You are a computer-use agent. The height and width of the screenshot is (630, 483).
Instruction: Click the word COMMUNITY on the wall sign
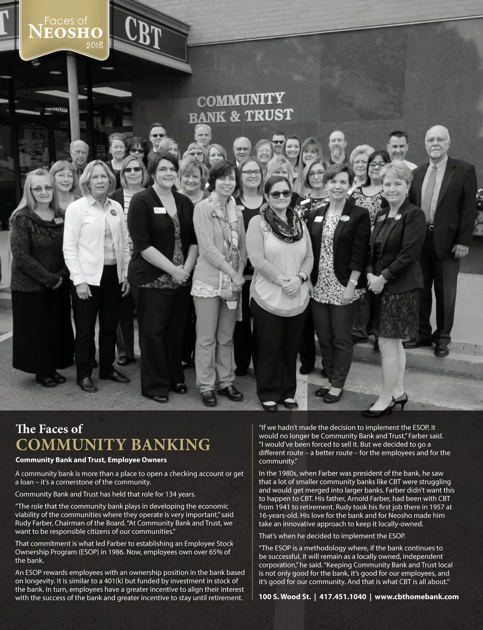pos(241,99)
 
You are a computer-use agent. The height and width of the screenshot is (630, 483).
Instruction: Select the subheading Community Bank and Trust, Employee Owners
pos(91,460)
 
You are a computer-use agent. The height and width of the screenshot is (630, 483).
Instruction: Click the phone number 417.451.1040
pos(343,597)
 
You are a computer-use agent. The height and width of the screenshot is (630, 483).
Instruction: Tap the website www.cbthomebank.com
pos(417,597)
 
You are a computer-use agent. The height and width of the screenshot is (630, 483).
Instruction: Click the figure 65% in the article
pos(214,552)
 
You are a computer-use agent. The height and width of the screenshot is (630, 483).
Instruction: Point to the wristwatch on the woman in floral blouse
pos(353,282)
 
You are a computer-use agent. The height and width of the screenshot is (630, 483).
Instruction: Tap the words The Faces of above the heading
pos(49,428)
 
